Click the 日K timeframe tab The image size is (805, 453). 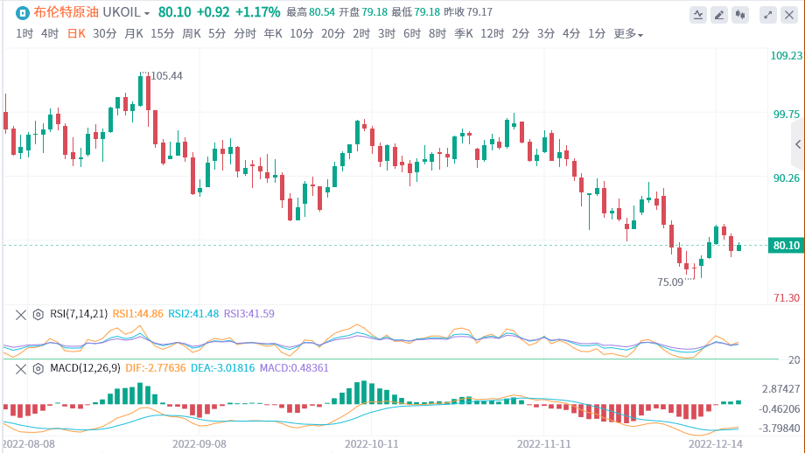tap(76, 34)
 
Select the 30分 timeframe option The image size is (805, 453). tap(104, 34)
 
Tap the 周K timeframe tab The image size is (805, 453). tap(192, 34)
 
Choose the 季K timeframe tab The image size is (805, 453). tap(464, 34)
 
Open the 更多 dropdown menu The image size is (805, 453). tap(628, 34)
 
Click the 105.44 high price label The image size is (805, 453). tap(166, 76)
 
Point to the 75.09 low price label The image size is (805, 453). tap(670, 282)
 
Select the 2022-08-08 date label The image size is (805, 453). tap(29, 443)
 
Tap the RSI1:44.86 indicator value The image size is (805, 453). tap(138, 314)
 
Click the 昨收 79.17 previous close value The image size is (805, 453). tap(468, 12)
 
